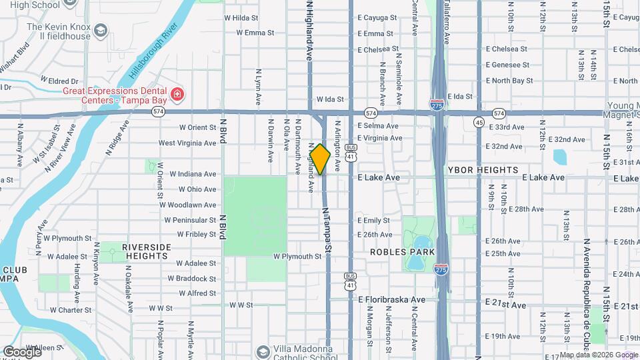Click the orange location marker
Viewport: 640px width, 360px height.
pyautogui.click(x=320, y=159)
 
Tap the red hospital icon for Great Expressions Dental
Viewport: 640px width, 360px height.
pyautogui.click(x=177, y=94)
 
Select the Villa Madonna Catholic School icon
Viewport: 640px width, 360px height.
pyautogui.click(x=264, y=351)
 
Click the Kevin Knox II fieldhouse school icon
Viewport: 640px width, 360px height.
pyautogui.click(x=101, y=31)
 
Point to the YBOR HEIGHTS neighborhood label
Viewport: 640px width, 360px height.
pyautogui.click(x=483, y=170)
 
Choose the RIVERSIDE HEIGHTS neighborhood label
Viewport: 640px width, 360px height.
pyautogui.click(x=146, y=251)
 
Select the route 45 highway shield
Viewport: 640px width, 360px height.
pyautogui.click(x=479, y=122)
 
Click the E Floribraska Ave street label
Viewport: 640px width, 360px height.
pyautogui.click(x=391, y=300)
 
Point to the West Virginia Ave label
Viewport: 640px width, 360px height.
pyautogui.click(x=187, y=143)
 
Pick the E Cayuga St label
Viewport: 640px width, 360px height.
pyautogui.click(x=377, y=17)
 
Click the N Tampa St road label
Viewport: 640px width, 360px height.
pyautogui.click(x=327, y=228)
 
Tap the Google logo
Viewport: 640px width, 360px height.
pyautogui.click(x=22, y=351)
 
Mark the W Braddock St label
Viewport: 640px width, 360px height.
pyautogui.click(x=191, y=279)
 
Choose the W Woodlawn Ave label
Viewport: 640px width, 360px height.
pyautogui.click(x=190, y=205)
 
